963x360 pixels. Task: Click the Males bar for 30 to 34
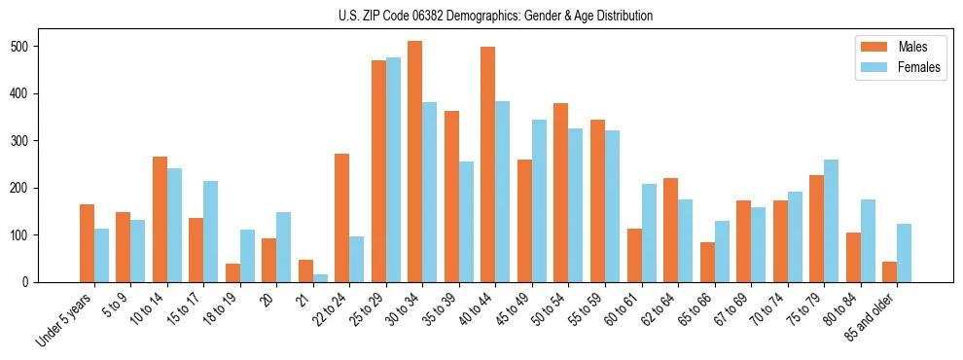[415, 162]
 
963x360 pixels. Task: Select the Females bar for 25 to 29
[393, 169]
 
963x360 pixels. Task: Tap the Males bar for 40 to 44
[488, 164]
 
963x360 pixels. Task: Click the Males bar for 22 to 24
[342, 218]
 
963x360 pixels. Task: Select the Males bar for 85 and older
[890, 271]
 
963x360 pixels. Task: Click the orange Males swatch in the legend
[869, 47]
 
